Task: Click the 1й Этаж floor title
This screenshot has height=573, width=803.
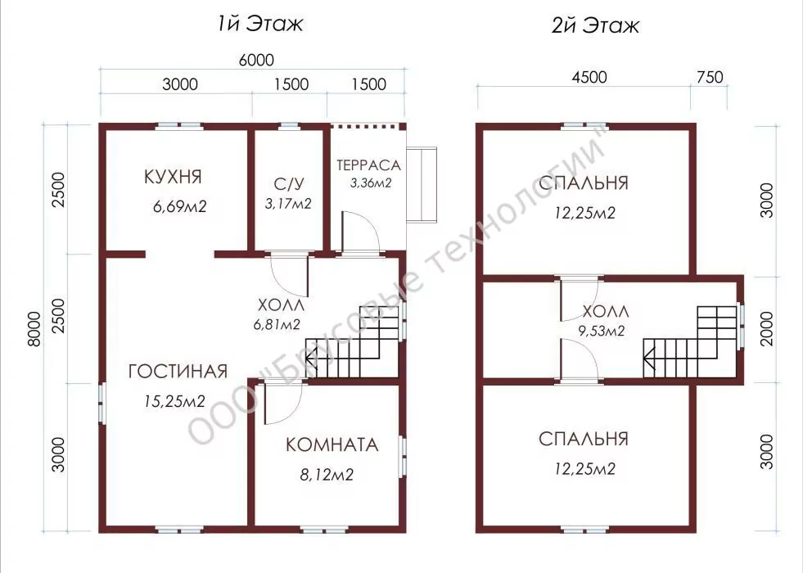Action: [x=259, y=24]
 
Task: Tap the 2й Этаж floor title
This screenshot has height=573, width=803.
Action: [x=595, y=25]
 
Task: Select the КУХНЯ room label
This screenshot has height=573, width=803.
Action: [x=173, y=177]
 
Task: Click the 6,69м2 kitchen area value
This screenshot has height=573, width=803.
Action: [x=180, y=207]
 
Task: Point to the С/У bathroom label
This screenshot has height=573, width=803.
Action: [x=289, y=183]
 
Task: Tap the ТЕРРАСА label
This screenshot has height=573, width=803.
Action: [x=368, y=165]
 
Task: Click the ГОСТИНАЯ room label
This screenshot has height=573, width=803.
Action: [x=178, y=372]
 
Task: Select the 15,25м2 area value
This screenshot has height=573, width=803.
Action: [x=174, y=401]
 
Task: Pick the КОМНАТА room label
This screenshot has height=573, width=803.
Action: [x=332, y=444]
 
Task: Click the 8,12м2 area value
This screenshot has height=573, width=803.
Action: [x=327, y=475]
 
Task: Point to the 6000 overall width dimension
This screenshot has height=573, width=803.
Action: [x=256, y=60]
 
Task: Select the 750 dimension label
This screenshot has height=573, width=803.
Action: [x=711, y=77]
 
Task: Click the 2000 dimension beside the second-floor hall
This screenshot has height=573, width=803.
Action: [x=767, y=329]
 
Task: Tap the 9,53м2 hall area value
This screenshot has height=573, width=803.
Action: [x=602, y=332]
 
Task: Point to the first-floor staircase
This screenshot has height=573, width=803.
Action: [x=352, y=341]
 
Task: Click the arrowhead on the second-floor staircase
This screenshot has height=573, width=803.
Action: [x=649, y=358]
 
